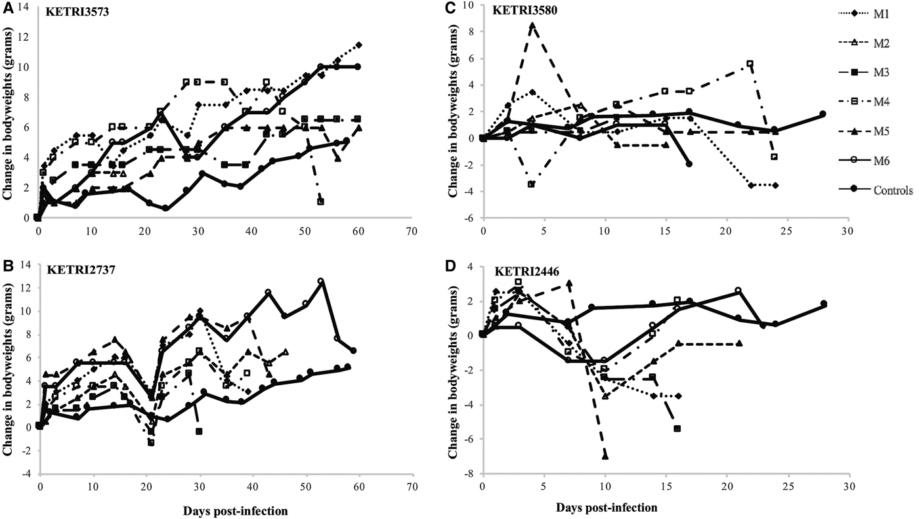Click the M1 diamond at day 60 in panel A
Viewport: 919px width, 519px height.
point(359,45)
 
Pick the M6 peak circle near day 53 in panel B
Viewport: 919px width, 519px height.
point(320,281)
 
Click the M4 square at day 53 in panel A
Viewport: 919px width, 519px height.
point(320,201)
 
